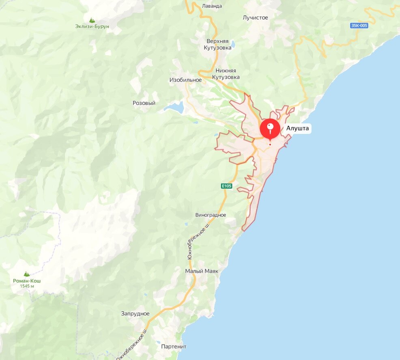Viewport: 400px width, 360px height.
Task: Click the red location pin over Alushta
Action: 270,129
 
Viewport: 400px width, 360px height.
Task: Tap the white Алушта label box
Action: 298,129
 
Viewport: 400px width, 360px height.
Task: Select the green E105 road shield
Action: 226,186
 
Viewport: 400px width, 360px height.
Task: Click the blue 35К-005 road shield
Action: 359,26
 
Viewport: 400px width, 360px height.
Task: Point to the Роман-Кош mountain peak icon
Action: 27,274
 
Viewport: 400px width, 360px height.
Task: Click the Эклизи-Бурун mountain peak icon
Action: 92,20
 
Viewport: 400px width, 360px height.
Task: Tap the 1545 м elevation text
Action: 27,286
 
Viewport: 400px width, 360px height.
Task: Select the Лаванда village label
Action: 212,6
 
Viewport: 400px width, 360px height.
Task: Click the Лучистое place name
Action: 255,17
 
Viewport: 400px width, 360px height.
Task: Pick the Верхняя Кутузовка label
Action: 217,45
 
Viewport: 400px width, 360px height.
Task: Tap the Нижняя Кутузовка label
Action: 226,73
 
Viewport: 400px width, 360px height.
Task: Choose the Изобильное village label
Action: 185,80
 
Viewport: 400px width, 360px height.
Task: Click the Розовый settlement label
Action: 144,103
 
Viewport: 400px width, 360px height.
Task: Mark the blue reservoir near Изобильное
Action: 174,108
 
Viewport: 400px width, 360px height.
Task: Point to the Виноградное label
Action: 211,215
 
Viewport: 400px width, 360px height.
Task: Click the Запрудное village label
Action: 135,314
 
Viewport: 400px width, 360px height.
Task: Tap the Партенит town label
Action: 174,347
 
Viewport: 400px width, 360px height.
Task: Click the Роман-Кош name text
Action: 27,281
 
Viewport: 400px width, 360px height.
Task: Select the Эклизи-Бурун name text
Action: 92,27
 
